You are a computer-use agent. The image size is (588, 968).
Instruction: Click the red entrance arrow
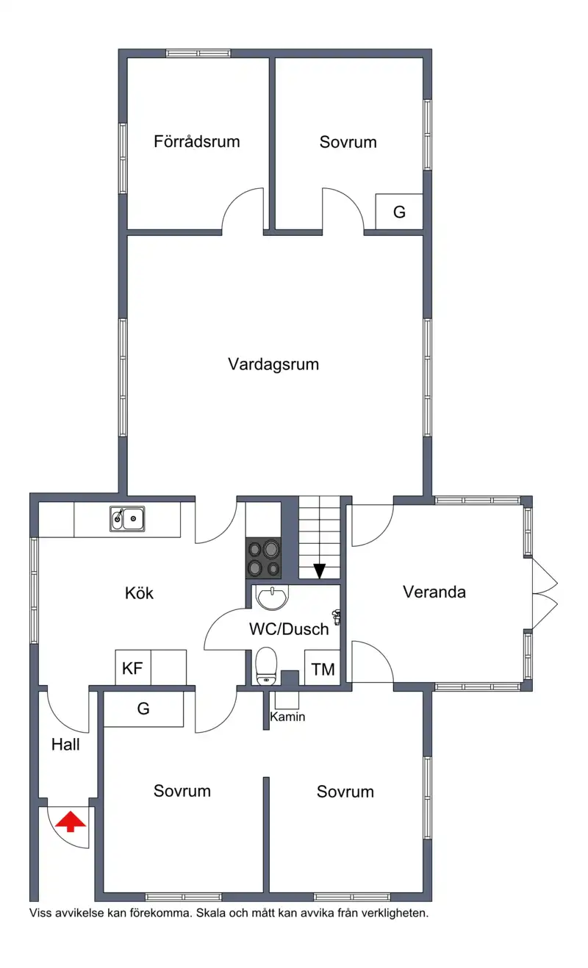(71, 822)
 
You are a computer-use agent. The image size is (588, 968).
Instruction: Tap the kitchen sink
(127, 519)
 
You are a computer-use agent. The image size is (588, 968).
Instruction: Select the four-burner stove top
(264, 559)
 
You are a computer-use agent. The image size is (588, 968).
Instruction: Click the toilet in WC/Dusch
(266, 666)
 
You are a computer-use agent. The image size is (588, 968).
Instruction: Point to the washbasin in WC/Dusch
(272, 598)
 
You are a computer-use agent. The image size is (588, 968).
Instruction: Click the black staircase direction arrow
(319, 571)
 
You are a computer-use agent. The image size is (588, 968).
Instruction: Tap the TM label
(323, 670)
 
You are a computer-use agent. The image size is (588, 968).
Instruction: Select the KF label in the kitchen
(132, 668)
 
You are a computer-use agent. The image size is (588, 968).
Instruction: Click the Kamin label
(287, 717)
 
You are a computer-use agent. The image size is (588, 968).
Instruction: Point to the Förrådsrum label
(197, 141)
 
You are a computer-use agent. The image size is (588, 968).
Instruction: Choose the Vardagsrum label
(273, 365)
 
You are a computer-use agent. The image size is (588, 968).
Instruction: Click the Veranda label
(434, 592)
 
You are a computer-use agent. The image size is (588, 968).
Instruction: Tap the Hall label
(65, 745)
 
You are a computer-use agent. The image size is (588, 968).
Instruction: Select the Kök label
(139, 593)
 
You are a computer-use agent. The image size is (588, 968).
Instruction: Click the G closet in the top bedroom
(399, 212)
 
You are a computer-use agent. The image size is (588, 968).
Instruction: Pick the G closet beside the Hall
(143, 709)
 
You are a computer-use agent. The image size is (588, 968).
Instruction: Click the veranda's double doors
(545, 594)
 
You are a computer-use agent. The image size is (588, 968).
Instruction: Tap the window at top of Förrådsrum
(198, 53)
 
